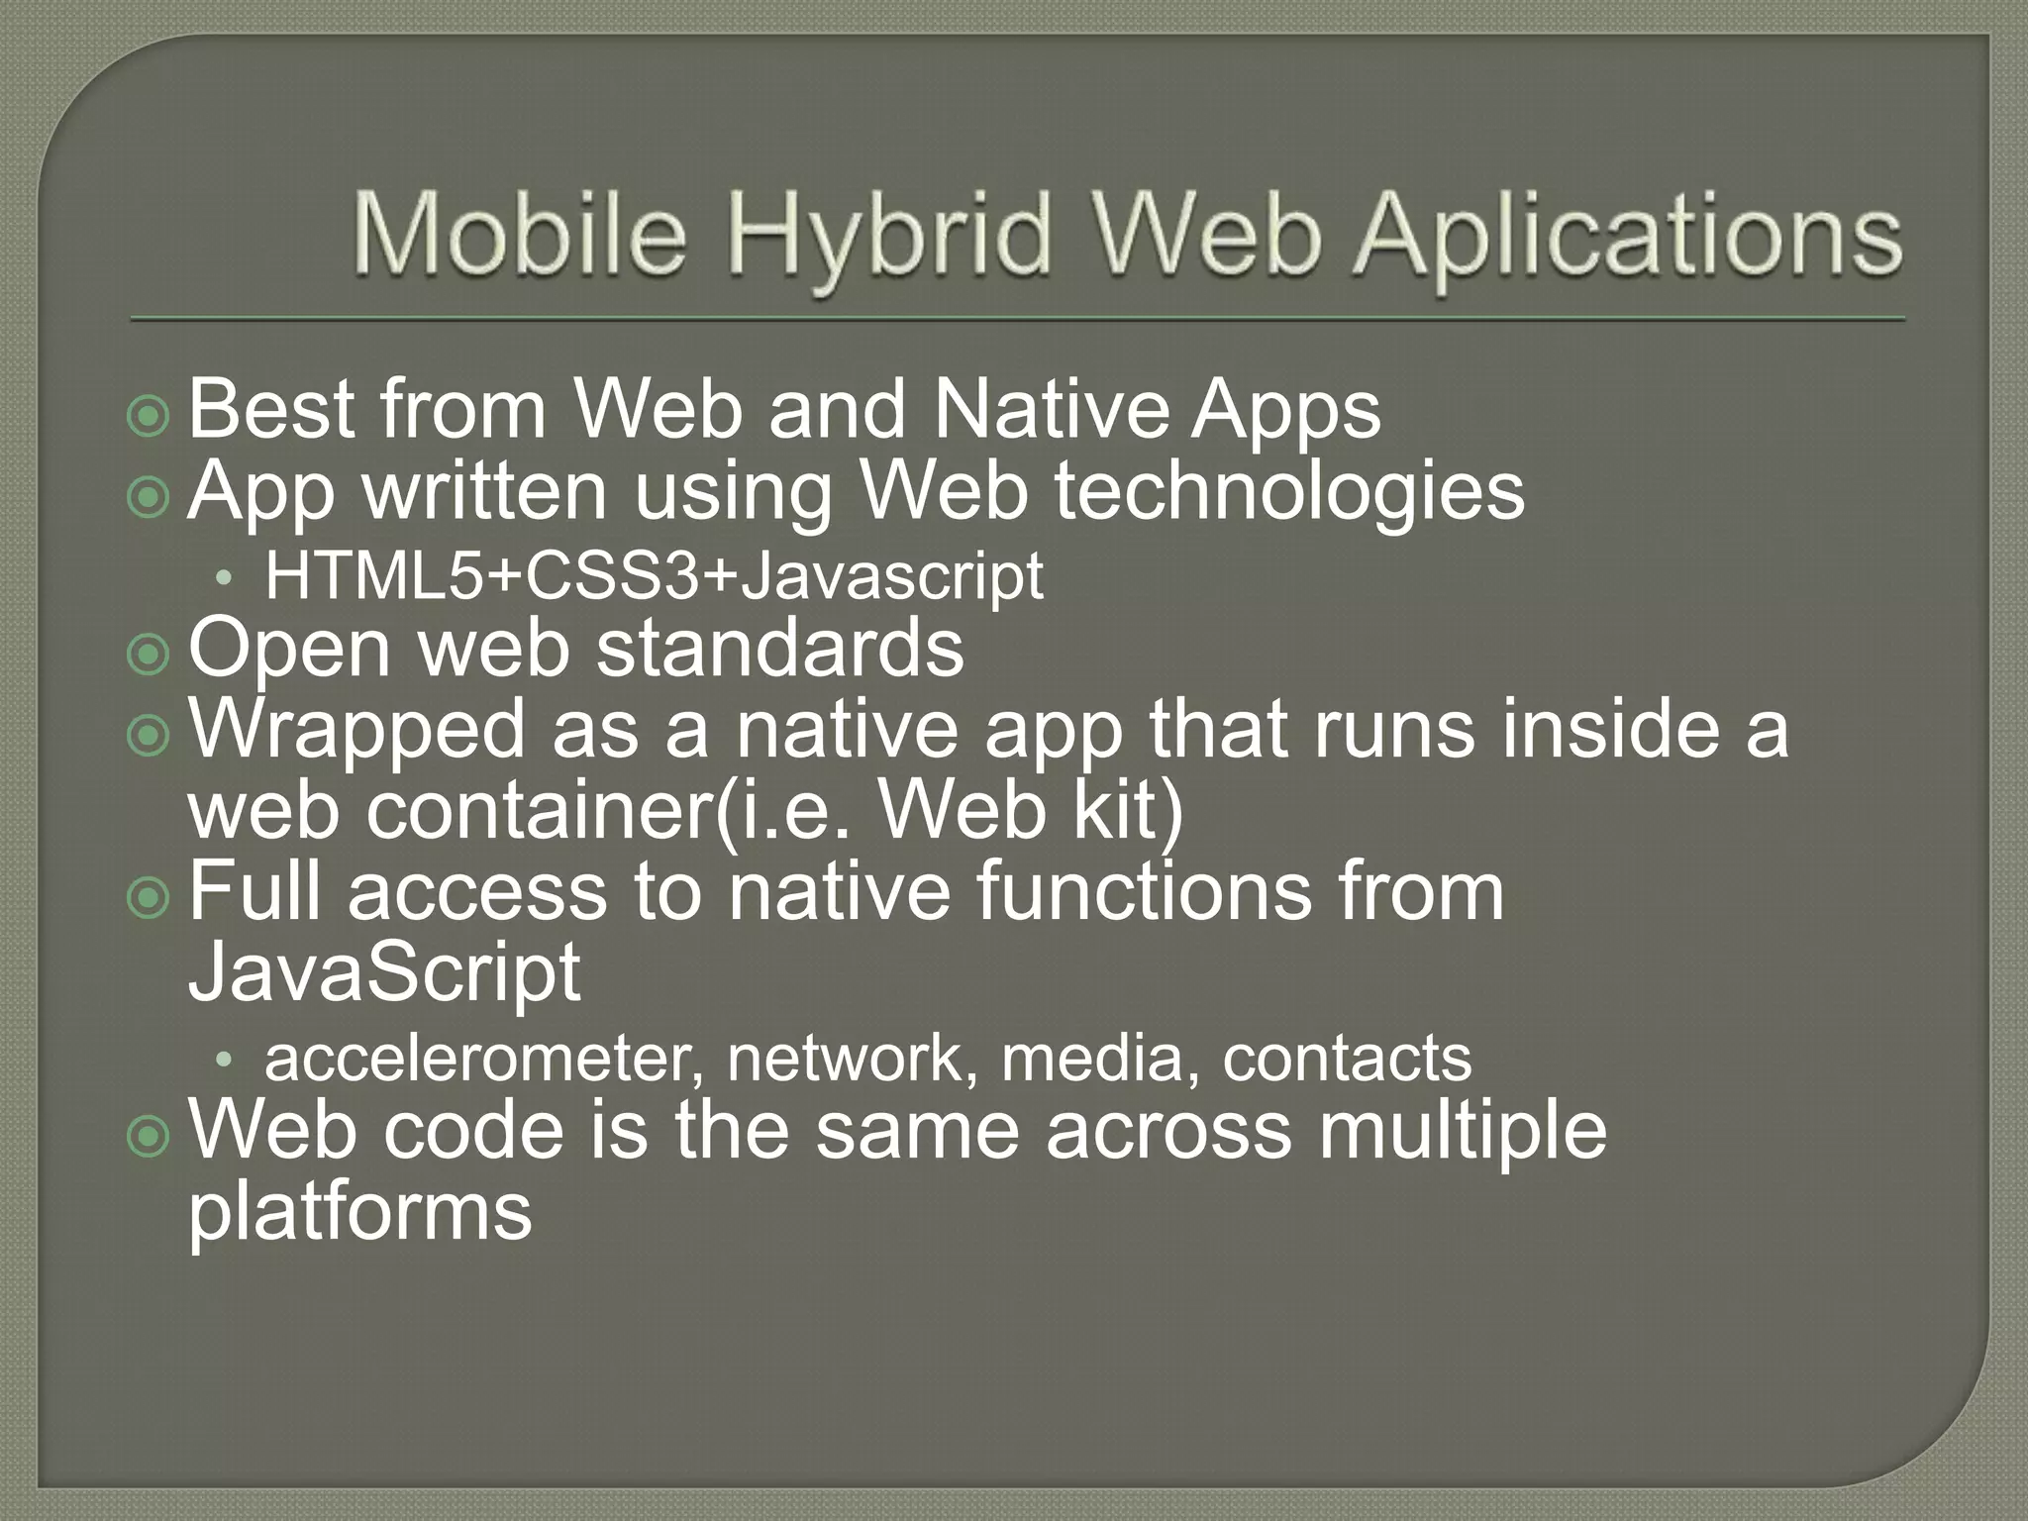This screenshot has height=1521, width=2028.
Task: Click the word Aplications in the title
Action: click(1629, 238)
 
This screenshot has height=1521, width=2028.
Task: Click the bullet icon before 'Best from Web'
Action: click(149, 417)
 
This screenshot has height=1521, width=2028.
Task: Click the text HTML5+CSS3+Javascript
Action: click(654, 576)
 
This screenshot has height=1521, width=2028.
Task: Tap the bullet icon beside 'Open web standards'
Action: click(149, 655)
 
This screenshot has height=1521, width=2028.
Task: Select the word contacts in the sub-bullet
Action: click(1347, 1059)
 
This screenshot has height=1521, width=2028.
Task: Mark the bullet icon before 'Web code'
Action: click(149, 1139)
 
